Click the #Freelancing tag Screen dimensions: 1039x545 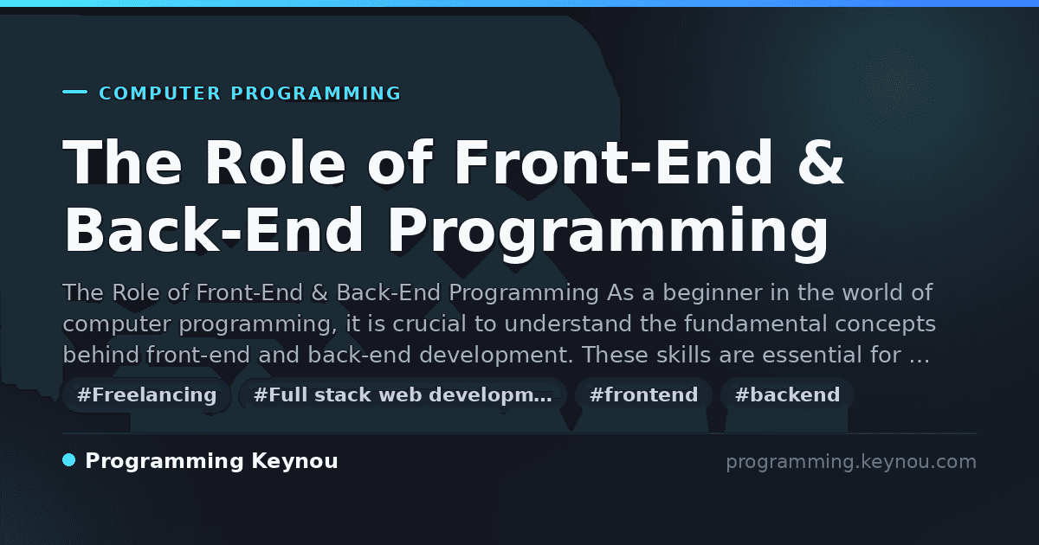(146, 394)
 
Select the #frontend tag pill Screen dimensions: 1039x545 (643, 394)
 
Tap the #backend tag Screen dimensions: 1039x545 (787, 394)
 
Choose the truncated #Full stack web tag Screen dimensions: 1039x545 (403, 394)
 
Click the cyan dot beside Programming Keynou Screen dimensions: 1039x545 (68, 460)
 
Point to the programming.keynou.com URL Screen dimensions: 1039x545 (851, 462)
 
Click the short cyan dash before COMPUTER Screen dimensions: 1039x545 (74, 92)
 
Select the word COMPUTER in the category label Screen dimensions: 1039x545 (160, 93)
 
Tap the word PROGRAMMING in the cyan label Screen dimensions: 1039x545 (316, 93)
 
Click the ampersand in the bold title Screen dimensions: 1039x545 (821, 162)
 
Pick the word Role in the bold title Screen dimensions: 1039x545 (274, 162)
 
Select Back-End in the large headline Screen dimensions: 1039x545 (213, 230)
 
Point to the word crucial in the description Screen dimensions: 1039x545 (429, 324)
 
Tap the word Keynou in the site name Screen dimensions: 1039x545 (294, 461)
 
